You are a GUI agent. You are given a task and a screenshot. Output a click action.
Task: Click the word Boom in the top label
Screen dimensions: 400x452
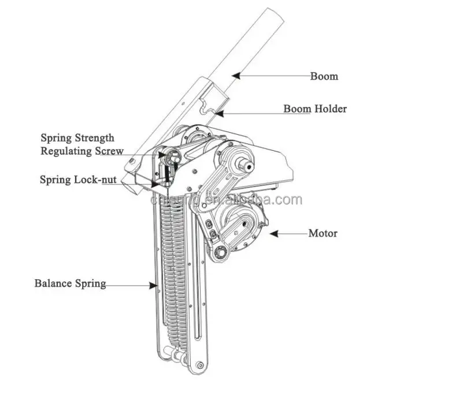324,76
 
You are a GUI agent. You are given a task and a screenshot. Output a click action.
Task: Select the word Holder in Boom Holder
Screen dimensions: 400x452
331,109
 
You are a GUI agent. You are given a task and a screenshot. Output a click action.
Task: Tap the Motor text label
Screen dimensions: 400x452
323,234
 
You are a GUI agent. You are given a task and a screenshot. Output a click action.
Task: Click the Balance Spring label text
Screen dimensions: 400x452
70,283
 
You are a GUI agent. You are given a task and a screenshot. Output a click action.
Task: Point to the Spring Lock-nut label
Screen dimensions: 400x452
78,179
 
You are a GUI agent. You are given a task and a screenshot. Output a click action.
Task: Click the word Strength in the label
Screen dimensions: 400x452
94,138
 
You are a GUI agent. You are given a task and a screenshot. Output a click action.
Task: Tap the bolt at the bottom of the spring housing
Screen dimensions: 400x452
199,365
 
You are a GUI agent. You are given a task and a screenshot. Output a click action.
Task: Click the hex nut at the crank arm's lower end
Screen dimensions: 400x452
221,253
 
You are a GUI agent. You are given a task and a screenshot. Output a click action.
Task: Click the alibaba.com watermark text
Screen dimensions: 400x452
226,200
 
